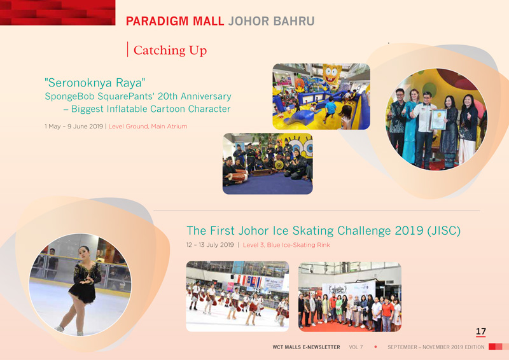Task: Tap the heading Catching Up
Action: (170, 50)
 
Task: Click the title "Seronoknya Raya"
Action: (95, 83)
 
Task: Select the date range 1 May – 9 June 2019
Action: (74, 127)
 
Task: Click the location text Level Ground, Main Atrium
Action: (148, 127)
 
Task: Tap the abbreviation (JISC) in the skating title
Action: (443, 231)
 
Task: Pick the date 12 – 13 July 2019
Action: (210, 245)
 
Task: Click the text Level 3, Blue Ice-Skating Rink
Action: (286, 245)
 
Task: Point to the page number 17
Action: (481, 331)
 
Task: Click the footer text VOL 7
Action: (356, 347)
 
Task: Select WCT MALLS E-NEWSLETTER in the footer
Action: (306, 347)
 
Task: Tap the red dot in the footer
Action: (375, 347)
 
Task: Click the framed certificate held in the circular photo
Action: (438, 119)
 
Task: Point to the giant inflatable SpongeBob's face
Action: (331, 74)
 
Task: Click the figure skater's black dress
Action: (85, 282)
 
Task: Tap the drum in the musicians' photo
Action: (237, 177)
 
